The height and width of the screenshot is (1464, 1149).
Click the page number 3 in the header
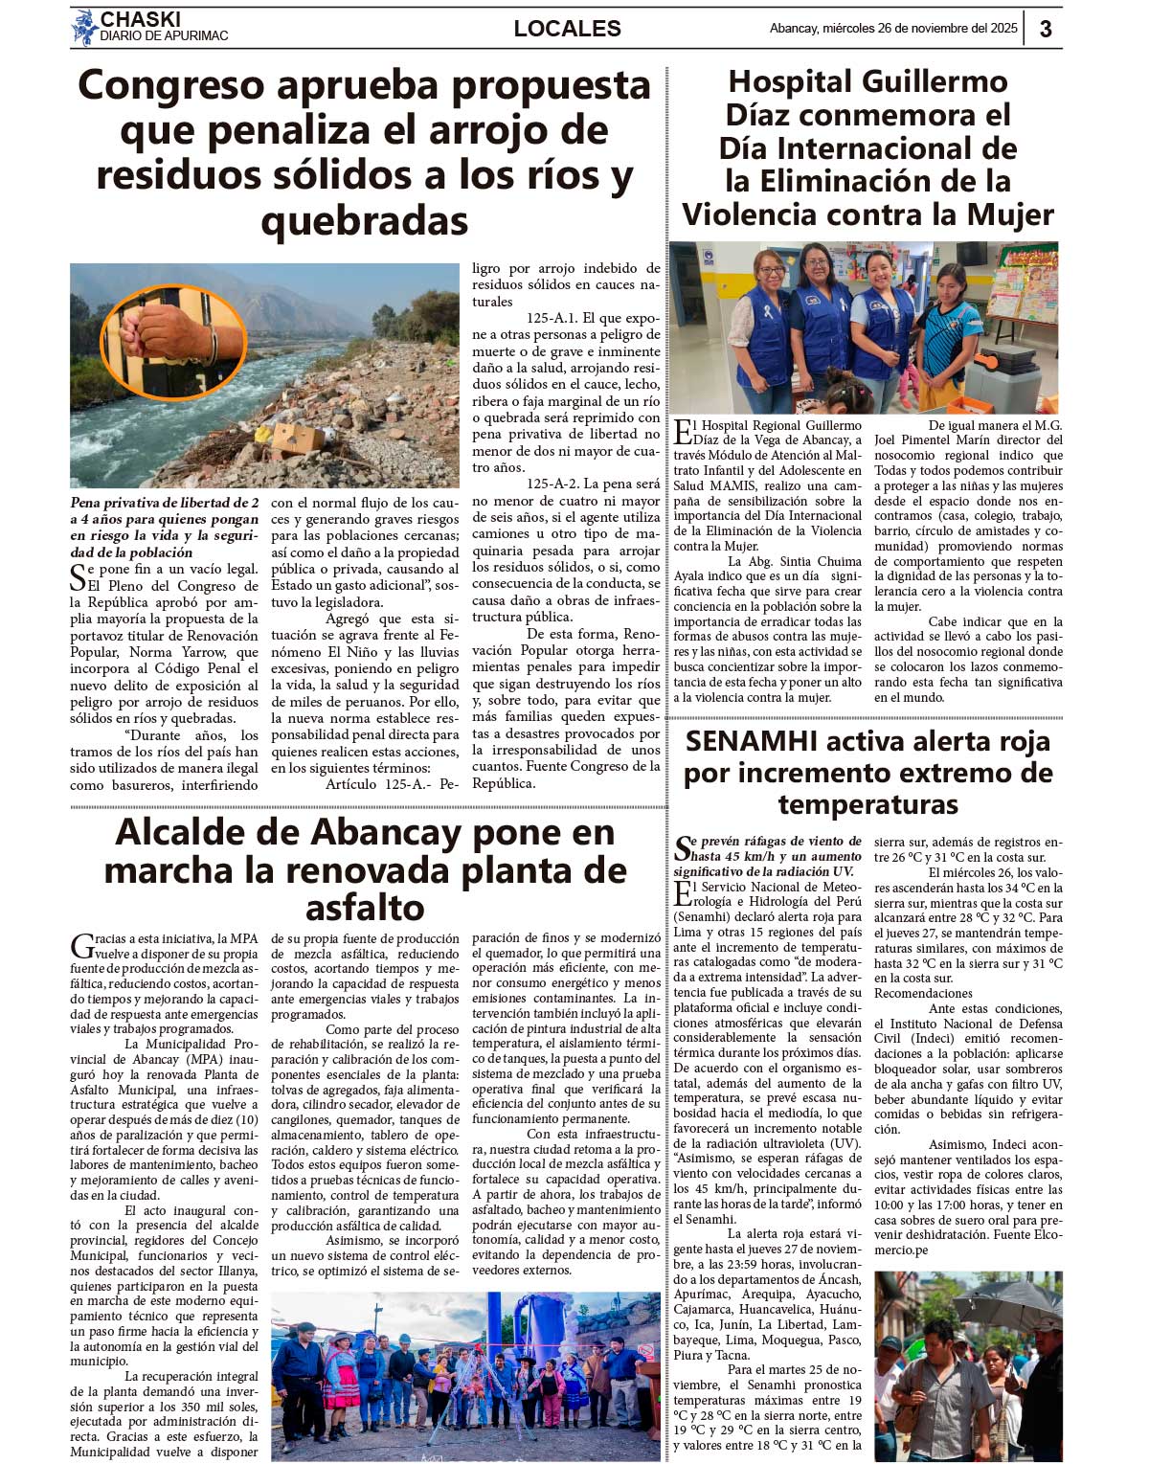(x=1046, y=29)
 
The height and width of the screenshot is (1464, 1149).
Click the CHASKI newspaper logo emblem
(x=84, y=27)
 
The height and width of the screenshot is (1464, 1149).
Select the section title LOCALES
(x=567, y=29)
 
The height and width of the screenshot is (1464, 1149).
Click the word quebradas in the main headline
(x=365, y=221)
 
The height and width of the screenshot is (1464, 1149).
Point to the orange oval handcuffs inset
(x=173, y=342)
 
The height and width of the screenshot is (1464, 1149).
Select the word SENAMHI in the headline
(x=750, y=741)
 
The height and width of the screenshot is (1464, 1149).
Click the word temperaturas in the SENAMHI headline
(x=867, y=804)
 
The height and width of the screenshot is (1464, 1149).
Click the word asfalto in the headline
(x=365, y=907)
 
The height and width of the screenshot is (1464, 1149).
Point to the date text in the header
(x=893, y=29)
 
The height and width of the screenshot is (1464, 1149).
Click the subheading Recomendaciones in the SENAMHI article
(x=923, y=993)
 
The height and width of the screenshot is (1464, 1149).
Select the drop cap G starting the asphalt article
(x=80, y=946)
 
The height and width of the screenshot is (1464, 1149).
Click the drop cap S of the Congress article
(x=79, y=577)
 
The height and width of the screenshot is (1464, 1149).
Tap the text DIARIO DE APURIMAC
(x=164, y=36)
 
